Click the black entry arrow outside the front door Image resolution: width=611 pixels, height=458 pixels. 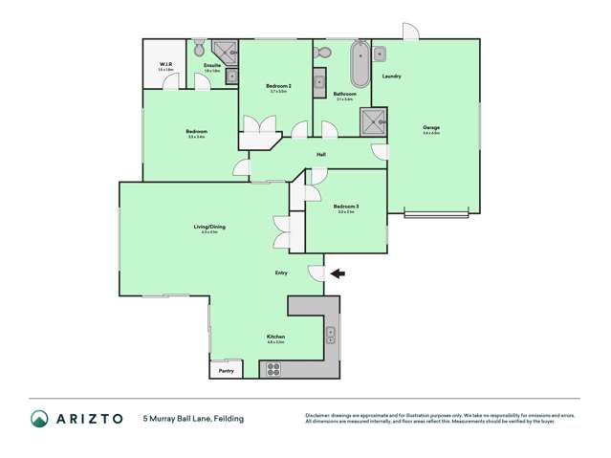click(x=338, y=273)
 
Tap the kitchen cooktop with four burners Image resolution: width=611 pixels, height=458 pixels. click(x=273, y=368)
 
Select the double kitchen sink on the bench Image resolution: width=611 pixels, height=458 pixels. click(x=331, y=335)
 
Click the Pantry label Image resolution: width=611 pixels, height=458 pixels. click(x=226, y=370)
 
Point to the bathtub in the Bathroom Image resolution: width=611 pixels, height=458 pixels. click(x=360, y=64)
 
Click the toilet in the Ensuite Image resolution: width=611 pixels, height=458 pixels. click(x=198, y=48)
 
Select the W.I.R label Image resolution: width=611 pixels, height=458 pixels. click(x=165, y=65)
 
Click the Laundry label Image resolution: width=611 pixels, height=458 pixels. click(x=391, y=76)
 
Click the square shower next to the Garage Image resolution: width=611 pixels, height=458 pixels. click(x=372, y=120)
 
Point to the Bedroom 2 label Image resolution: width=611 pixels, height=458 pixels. click(x=277, y=86)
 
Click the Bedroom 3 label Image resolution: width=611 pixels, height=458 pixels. click(x=345, y=207)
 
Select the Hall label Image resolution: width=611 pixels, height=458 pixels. click(x=322, y=154)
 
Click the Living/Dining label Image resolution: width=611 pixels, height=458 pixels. click(x=208, y=227)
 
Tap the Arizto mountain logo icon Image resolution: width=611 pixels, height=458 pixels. click(x=39, y=418)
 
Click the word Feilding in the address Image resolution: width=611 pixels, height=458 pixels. click(x=229, y=418)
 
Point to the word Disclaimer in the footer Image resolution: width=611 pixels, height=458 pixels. click(x=320, y=415)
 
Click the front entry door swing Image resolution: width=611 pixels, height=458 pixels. click(x=316, y=273)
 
